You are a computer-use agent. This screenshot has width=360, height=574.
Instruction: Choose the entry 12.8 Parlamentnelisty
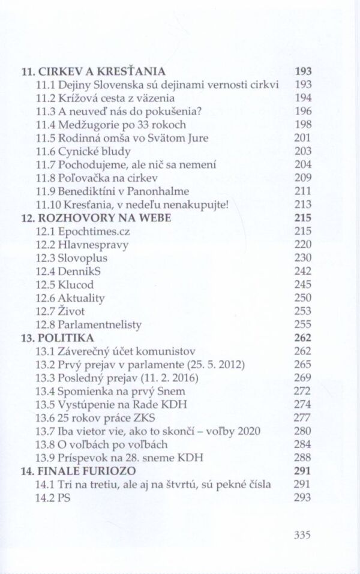click(89, 324)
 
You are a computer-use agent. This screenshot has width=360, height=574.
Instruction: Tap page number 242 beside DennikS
click(303, 271)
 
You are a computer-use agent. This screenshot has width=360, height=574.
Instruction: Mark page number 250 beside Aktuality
click(303, 298)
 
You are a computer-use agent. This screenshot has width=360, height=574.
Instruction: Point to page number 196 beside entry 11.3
click(303, 111)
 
